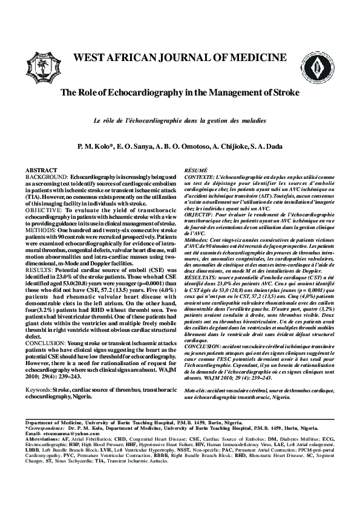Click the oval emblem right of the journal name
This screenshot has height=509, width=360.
[313, 60]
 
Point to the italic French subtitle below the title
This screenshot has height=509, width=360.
[180, 121]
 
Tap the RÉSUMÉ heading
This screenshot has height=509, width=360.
[195, 171]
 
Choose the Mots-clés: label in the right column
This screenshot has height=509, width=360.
[197, 358]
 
